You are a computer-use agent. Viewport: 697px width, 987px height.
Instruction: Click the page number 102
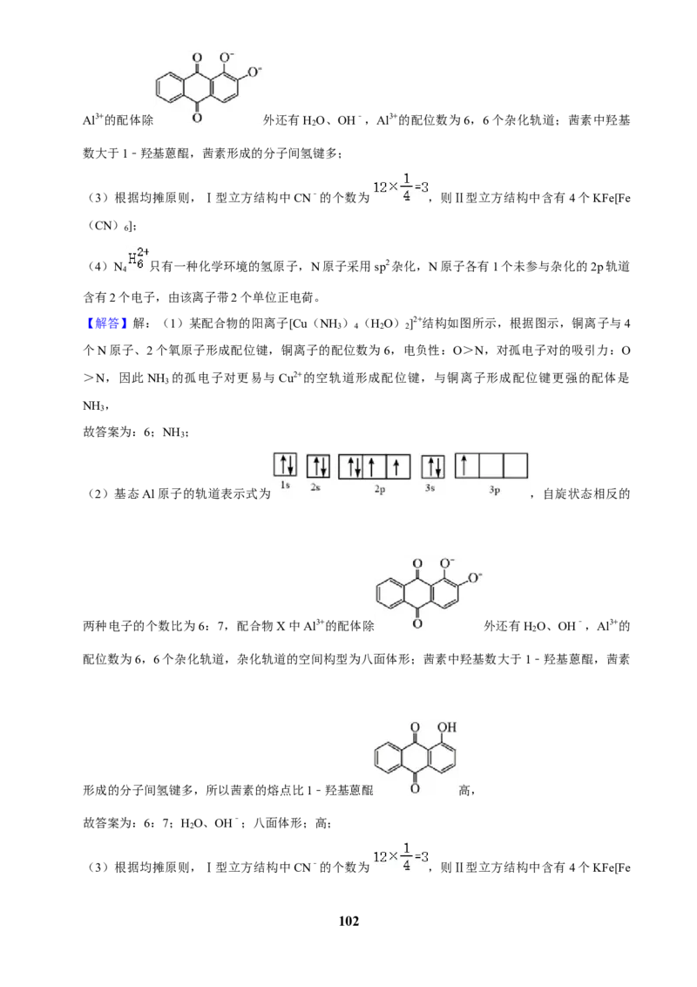348,921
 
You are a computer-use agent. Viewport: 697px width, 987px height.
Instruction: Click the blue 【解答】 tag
105,323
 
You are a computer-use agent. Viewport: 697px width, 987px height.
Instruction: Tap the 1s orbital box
285,466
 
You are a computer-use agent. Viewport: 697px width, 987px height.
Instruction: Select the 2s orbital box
318,466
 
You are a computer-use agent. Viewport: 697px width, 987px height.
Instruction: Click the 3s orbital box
433,466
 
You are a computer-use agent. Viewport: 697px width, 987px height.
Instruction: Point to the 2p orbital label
379,489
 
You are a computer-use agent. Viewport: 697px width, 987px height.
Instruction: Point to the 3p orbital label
495,489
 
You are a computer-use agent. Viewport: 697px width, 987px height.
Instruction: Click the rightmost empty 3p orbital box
515,466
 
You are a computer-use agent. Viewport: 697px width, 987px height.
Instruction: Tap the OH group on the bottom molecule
447,727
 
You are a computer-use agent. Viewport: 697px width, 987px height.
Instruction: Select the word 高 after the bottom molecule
465,791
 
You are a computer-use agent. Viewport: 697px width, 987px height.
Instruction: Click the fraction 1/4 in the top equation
407,187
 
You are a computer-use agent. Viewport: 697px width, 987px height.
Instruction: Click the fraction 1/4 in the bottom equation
407,857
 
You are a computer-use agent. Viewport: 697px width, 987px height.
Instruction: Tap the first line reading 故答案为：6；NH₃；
136,432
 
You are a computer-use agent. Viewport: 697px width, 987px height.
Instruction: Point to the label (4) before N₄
98,267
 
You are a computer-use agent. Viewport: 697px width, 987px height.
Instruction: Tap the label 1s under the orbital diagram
285,486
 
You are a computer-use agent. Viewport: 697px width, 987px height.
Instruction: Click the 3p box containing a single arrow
467,466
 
